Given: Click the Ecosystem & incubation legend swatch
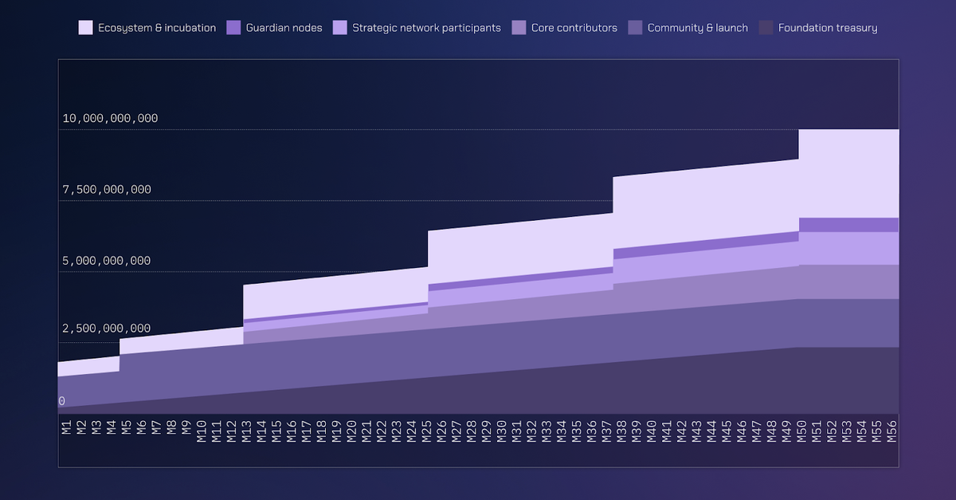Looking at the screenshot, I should tap(85, 28).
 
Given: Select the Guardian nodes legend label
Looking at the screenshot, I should tap(284, 28).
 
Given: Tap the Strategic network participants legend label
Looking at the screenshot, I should tap(426, 28).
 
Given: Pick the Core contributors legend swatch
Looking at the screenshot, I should tap(519, 28).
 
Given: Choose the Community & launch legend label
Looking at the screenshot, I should tap(697, 28).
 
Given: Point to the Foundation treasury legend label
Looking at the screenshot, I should tap(828, 28).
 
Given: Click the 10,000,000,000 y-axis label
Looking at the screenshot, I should tap(110, 119).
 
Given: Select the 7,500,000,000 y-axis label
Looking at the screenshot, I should tap(106, 190).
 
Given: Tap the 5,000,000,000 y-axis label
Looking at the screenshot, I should tap(106, 261).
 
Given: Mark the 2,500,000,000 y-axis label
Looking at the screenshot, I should tap(106, 329).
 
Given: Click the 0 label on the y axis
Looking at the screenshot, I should tap(62, 401).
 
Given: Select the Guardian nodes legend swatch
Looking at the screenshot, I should tap(233, 28).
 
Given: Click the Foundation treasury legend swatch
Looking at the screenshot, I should tap(766, 28).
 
